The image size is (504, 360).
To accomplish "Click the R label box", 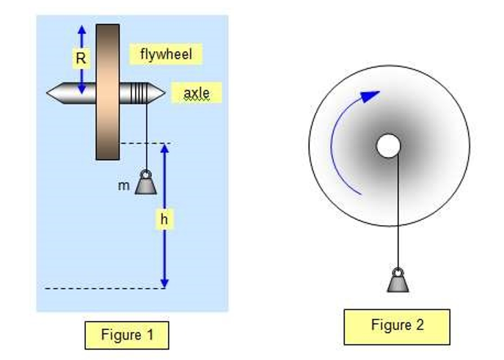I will click(x=81, y=58).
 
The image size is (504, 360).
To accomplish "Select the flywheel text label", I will click(x=165, y=54).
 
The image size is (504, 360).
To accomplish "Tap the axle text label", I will click(x=196, y=93).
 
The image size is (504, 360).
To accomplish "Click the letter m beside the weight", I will click(x=123, y=186).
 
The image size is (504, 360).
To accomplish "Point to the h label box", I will click(x=166, y=219).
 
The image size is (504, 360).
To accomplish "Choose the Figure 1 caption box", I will click(x=127, y=335).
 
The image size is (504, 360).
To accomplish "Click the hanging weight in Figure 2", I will click(x=398, y=279).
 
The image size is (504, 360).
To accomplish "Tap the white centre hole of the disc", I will click(x=388, y=146).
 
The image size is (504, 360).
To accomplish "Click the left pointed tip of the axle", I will click(x=51, y=93).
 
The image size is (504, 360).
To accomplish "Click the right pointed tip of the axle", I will click(x=162, y=93).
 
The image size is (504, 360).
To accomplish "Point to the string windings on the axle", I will click(x=140, y=93).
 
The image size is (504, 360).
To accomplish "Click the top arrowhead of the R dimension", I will click(x=81, y=29).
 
